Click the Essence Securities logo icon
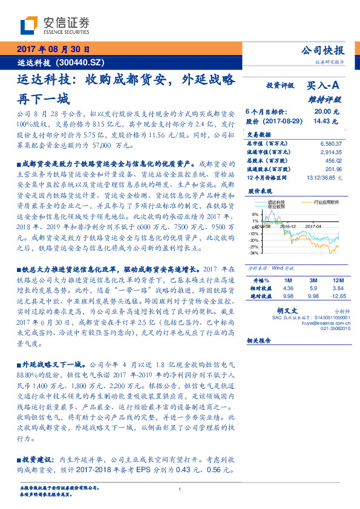[29, 25]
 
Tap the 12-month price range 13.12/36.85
[326, 178]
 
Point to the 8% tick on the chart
[255, 215]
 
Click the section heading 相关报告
[261, 340]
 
